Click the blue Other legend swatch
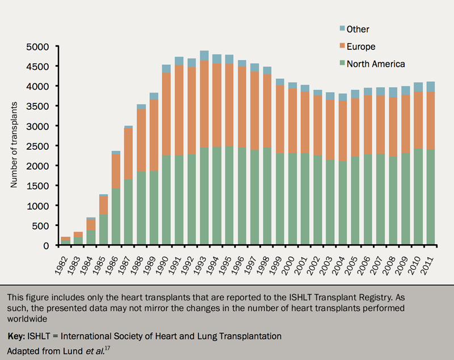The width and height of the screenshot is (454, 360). [342, 28]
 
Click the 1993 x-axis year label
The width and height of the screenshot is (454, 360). [202, 263]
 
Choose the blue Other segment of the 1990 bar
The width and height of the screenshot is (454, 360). [166, 69]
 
